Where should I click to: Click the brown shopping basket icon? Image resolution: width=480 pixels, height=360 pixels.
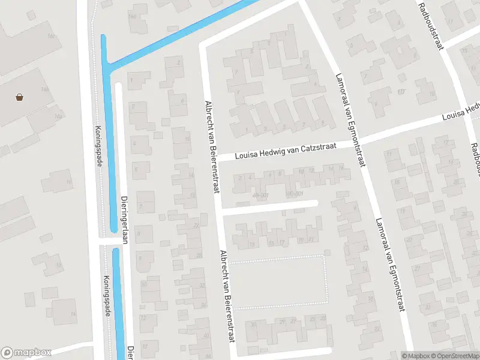[x=20, y=97]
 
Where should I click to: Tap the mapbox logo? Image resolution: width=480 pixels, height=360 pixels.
[x=26, y=353]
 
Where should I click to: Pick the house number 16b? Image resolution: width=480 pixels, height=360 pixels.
[x=44, y=89]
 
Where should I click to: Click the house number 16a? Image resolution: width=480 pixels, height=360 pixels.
[x=58, y=116]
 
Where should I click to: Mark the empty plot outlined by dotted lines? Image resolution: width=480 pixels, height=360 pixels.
[x=278, y=282]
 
